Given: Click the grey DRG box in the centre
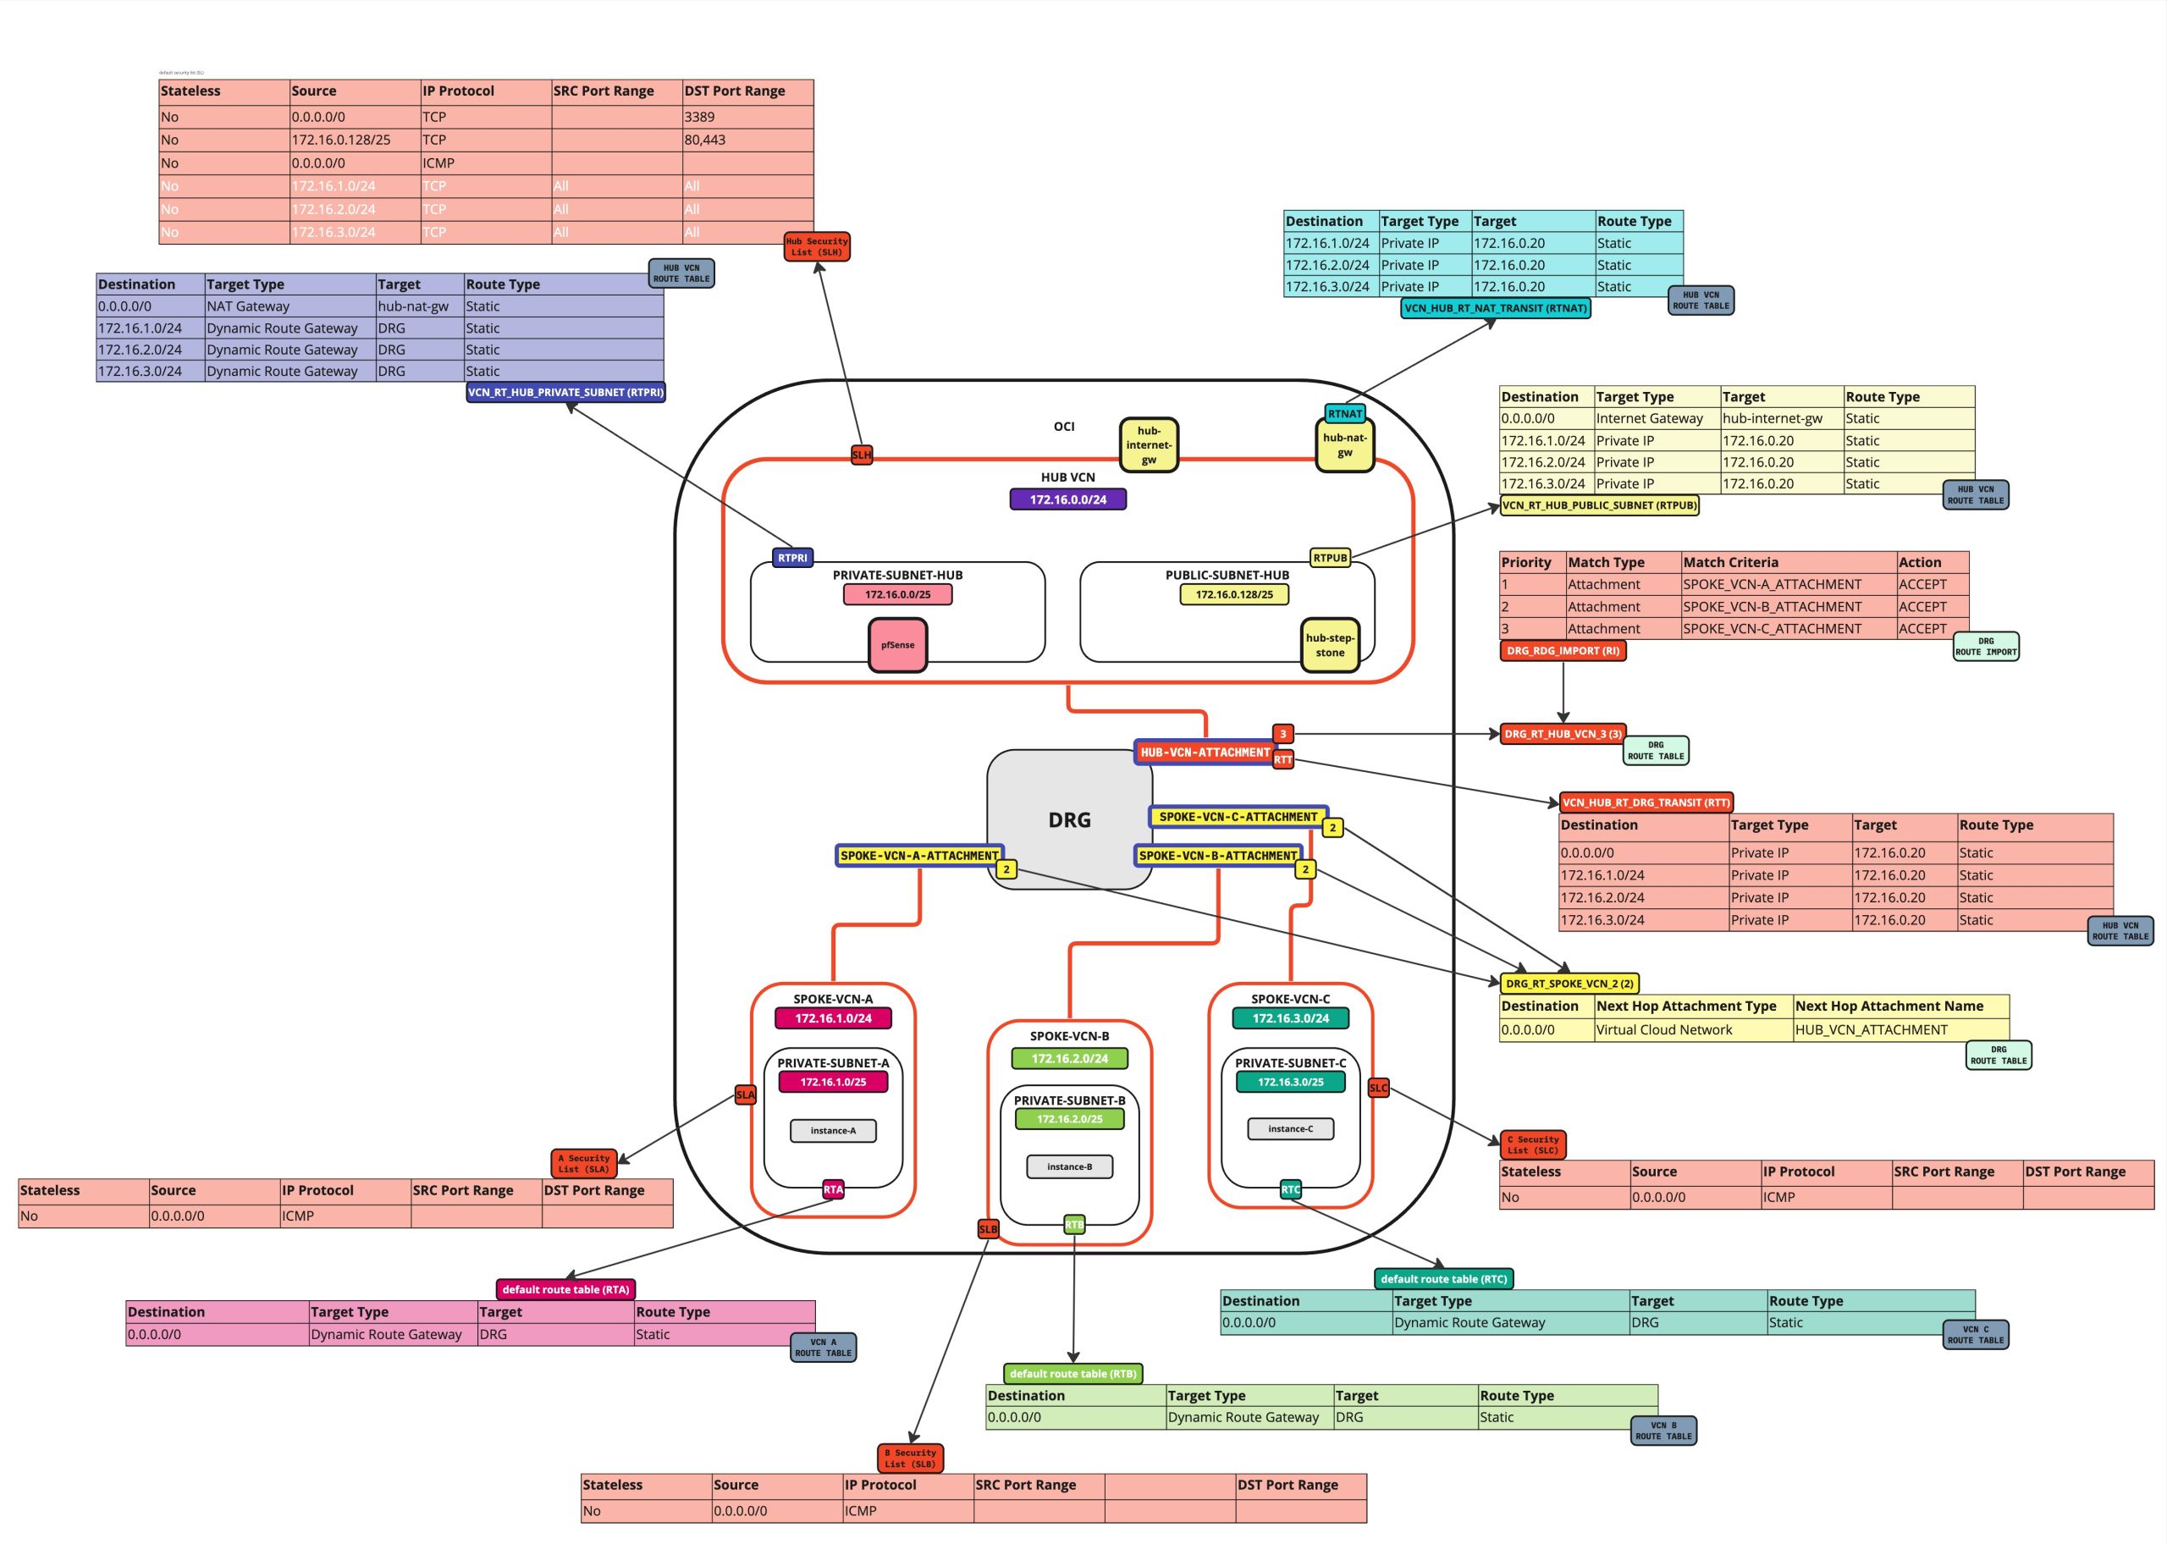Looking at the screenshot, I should point(1069,819).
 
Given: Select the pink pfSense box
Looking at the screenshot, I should point(897,644).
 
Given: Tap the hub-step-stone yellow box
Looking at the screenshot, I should point(1330,644).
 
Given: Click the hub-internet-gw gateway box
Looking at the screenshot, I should point(1148,444).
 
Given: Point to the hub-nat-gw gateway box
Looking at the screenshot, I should point(1344,445).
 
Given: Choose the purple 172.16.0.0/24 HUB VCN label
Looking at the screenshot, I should point(1067,499).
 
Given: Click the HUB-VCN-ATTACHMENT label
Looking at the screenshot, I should point(1205,752).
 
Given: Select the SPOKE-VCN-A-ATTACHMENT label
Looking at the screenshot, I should point(919,856).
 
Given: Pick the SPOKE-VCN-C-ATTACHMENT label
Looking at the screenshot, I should point(1238,817).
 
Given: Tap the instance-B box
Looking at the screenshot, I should point(1069,1166).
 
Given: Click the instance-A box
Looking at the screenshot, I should point(833,1130).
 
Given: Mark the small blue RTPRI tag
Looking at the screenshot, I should point(791,558).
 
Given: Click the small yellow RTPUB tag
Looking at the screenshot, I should point(1330,558).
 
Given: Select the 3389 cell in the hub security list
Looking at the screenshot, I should point(747,117).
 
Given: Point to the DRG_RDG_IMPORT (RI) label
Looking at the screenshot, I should point(1563,651).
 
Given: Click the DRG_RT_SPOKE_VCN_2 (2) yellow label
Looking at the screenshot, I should point(1569,984).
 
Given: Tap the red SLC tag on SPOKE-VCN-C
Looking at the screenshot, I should point(1378,1088).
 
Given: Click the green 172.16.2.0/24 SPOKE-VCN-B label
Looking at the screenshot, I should point(1069,1058).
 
